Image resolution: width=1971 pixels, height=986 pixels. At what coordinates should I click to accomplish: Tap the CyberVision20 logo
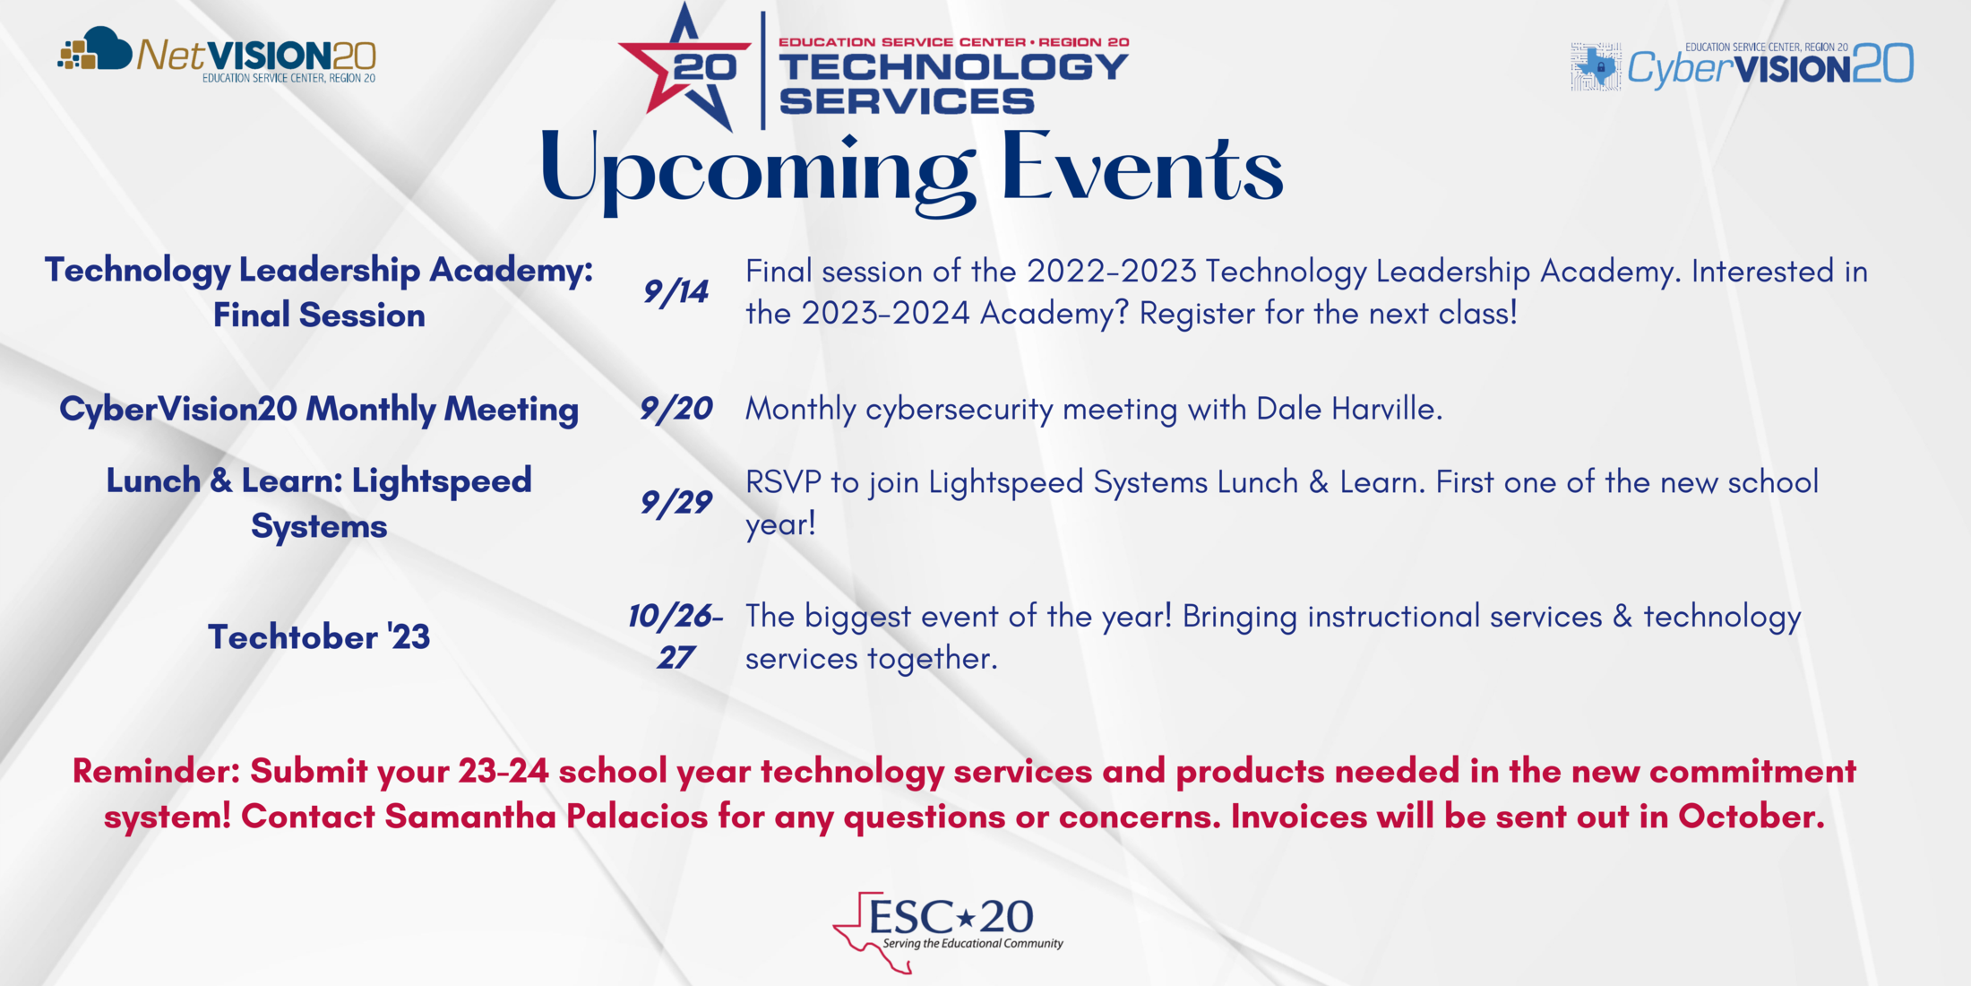click(1742, 65)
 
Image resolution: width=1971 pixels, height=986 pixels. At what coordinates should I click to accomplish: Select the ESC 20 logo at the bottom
click(948, 930)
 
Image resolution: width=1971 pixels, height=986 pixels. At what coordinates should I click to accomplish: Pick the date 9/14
click(676, 292)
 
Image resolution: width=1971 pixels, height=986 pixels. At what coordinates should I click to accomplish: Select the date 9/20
click(676, 410)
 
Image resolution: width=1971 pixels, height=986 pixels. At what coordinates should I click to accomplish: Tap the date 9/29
click(676, 503)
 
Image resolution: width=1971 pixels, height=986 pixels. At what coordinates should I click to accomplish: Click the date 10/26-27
click(676, 636)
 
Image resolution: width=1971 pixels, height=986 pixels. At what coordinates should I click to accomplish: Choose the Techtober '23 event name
click(319, 637)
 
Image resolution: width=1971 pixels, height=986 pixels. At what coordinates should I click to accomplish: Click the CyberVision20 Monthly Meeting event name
click(319, 410)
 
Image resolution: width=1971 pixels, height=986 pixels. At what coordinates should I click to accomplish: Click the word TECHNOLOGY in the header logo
click(953, 67)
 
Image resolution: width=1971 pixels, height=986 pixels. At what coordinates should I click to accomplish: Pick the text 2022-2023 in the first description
click(1111, 272)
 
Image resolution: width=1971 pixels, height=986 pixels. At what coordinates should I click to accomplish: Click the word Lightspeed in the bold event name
click(442, 481)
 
